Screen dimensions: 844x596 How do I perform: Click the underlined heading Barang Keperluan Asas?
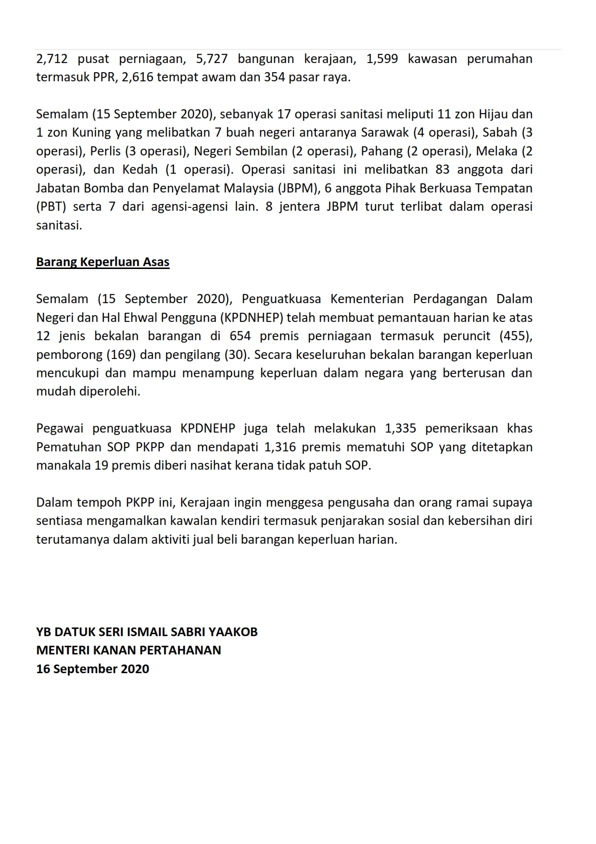[x=102, y=262]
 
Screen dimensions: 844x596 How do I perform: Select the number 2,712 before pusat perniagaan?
[x=51, y=59]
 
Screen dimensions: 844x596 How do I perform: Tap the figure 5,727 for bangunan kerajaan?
[x=212, y=59]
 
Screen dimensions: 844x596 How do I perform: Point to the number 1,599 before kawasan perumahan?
[x=382, y=59]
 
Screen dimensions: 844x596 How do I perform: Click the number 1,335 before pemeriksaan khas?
[x=401, y=429]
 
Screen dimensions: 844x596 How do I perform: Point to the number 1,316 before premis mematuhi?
[x=280, y=447]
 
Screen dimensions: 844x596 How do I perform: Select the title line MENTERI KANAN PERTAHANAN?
[x=128, y=651]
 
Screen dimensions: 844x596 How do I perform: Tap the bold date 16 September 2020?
[x=92, y=669]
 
